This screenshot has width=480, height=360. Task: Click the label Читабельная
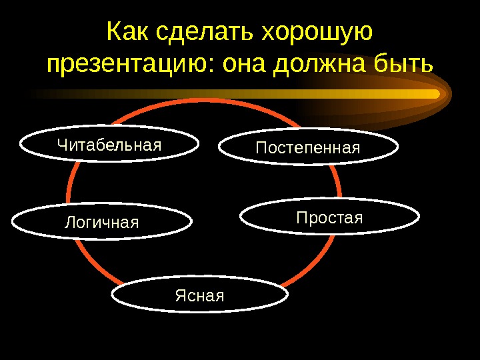[x=109, y=145]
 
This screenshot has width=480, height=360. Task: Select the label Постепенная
[x=308, y=148]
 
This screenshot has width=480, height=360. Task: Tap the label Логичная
[x=101, y=222]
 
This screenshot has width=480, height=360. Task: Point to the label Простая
[x=329, y=218]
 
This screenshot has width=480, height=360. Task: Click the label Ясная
[x=200, y=295]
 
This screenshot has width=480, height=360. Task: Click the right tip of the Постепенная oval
[x=398, y=147]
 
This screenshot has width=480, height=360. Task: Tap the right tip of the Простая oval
[x=419, y=216]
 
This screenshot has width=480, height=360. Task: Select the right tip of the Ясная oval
[x=287, y=294]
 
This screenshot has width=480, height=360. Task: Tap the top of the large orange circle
[x=204, y=101]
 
